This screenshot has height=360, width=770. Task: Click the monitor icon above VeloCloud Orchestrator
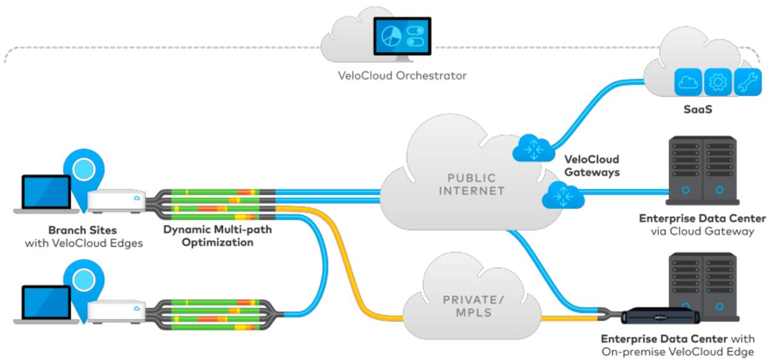(x=402, y=39)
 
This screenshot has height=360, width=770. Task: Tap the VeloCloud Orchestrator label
(x=402, y=76)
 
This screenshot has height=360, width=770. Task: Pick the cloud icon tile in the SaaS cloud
(x=688, y=81)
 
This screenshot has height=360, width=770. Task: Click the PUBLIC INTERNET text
(x=472, y=184)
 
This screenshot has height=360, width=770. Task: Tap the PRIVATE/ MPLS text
(x=471, y=306)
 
